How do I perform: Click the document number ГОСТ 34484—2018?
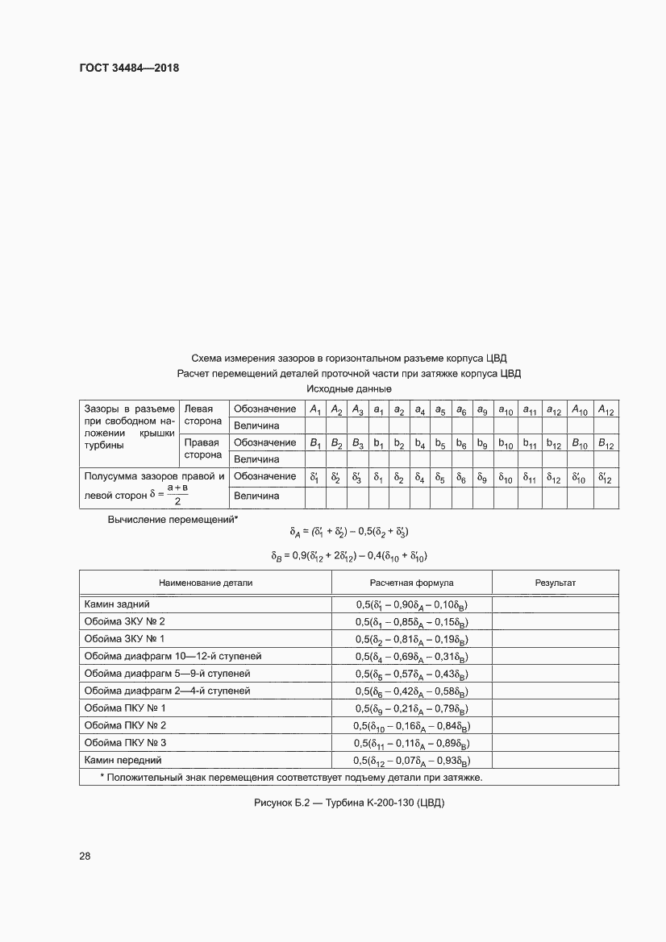coord(129,68)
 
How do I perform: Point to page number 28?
coord(85,856)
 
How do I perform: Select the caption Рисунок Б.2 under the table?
coord(349,803)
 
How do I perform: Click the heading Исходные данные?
coord(349,389)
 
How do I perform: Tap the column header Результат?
coord(556,582)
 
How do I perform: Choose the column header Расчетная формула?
coord(412,582)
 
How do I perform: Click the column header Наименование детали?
coord(206,582)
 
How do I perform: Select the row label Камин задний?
coord(117,603)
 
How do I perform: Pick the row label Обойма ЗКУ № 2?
coord(124,621)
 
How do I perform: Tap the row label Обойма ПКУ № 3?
coord(125,742)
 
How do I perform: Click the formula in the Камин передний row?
coord(412,760)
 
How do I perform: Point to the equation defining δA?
coord(349,532)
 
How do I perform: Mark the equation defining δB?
coord(349,555)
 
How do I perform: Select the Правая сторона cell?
coord(203,450)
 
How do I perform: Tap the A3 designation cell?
coord(358,409)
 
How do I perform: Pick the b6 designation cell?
coord(461,442)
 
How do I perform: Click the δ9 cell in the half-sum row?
coord(481,477)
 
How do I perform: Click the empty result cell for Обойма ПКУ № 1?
coord(556,708)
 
